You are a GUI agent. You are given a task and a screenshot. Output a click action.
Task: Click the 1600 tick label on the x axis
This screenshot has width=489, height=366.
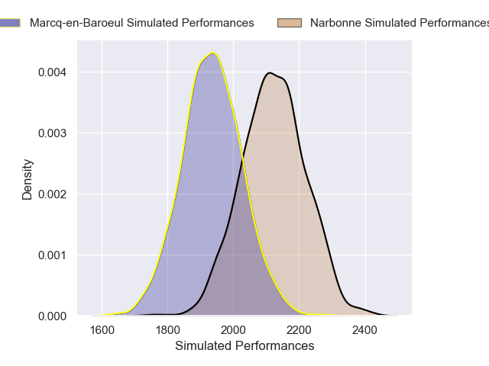tap(102, 330)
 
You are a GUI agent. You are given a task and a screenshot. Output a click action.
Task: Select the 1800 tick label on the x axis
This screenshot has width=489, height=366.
tap(168, 330)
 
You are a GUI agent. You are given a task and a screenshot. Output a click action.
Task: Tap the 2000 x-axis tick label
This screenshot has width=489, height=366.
tap(234, 330)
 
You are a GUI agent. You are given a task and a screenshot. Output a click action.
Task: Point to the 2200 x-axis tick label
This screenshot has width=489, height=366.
tap(300, 330)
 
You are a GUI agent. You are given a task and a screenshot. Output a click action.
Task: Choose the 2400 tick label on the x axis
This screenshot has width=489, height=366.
tap(365, 330)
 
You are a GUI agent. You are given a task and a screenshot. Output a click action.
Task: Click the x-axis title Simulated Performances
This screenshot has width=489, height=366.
tap(244, 345)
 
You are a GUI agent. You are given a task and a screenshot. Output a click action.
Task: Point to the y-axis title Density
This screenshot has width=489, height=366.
tap(28, 179)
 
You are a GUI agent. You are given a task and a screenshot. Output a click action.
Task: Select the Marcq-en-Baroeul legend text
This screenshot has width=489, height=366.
tap(141, 23)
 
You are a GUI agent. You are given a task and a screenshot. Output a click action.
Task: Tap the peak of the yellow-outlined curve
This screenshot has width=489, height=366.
tap(213, 53)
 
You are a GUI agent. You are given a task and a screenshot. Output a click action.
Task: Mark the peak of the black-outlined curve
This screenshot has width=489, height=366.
tap(269, 73)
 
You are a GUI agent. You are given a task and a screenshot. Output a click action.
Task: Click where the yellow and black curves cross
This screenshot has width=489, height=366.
tap(243, 159)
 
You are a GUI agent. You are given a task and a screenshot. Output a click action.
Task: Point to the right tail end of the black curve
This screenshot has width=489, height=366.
tap(397, 315)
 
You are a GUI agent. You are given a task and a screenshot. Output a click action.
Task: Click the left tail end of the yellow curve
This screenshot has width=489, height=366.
tap(93, 315)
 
